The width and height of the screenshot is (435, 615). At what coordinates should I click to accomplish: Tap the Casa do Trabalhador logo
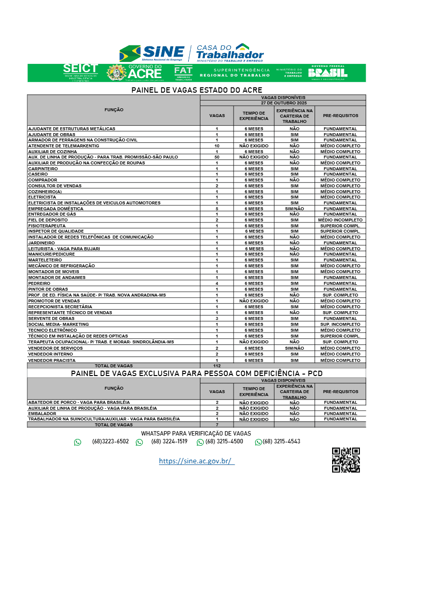229,53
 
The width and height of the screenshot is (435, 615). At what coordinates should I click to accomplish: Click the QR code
346,460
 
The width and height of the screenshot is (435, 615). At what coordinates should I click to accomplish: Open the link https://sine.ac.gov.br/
197,461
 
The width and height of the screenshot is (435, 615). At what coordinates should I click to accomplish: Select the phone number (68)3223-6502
110,441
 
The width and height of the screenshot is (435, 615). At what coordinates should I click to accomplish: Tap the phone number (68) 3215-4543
281,441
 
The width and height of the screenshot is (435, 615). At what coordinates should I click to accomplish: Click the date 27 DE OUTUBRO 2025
283,103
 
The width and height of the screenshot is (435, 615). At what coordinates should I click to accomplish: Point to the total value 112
217,366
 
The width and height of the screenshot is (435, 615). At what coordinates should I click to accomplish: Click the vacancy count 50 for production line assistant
217,157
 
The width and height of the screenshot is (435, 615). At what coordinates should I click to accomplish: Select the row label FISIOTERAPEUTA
47,226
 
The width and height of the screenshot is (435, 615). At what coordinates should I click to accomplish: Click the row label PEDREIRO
39,283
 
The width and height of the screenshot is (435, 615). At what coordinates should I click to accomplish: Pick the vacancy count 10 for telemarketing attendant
217,146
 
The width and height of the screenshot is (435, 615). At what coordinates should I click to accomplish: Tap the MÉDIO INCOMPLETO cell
340,220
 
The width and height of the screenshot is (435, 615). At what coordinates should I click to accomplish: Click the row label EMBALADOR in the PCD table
42,414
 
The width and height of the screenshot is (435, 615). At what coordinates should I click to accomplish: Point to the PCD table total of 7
217,425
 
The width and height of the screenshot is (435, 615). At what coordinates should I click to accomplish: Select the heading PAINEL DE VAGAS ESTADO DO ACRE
197,90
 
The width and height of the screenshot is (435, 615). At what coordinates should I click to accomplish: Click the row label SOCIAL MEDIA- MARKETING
59,324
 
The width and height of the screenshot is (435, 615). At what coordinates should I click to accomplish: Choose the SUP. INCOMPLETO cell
340,324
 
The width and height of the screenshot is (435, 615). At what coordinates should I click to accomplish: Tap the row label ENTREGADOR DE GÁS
52,214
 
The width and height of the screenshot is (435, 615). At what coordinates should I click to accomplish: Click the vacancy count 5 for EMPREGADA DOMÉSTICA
217,209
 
